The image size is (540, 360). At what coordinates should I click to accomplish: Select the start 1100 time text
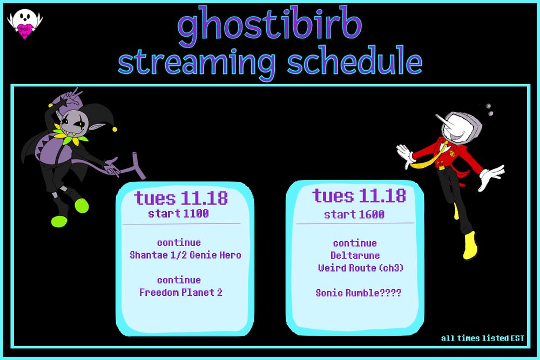pyautogui.click(x=178, y=213)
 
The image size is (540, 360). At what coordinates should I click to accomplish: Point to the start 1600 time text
pyautogui.click(x=354, y=214)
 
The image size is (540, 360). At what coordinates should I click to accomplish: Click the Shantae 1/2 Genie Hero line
pyautogui.click(x=185, y=255)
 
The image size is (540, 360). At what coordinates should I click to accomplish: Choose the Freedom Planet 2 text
pyautogui.click(x=181, y=293)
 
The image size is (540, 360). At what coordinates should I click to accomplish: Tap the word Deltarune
pyautogui.click(x=355, y=255)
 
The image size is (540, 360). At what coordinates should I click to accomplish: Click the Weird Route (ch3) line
pyautogui.click(x=361, y=268)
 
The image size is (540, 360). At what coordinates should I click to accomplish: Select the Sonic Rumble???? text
pyautogui.click(x=359, y=293)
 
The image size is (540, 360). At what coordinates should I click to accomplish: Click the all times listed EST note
pyautogui.click(x=482, y=338)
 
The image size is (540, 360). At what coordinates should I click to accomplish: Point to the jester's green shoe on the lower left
pyautogui.click(x=59, y=221)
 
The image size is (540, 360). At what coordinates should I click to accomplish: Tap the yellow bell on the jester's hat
pyautogui.click(x=114, y=129)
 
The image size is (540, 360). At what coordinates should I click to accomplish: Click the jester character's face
pyautogui.click(x=75, y=124)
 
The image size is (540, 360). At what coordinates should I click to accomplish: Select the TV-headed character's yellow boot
pyautogui.click(x=470, y=245)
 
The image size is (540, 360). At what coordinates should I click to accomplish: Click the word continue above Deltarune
pyautogui.click(x=355, y=243)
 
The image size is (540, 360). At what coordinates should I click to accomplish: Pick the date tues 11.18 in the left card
pyautogui.click(x=181, y=198)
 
